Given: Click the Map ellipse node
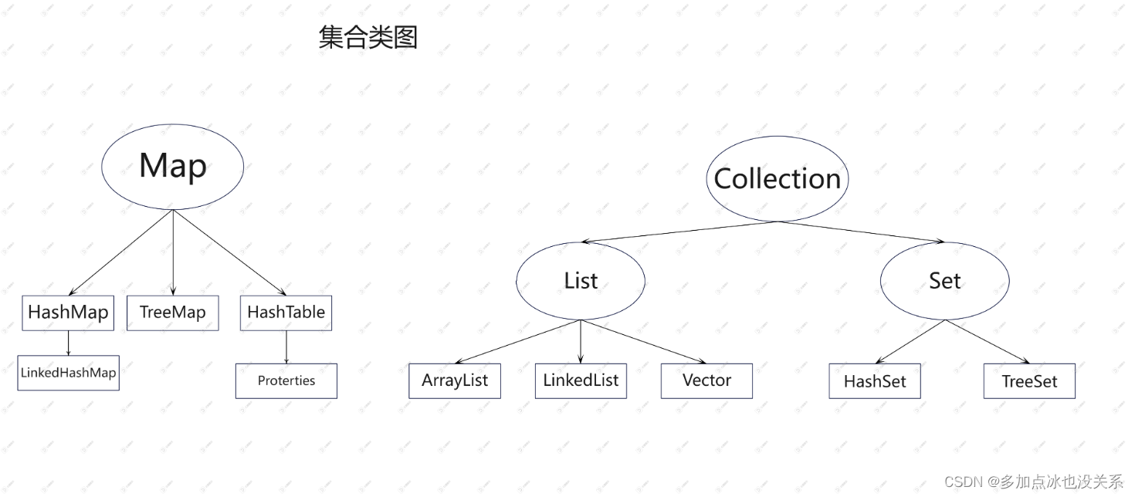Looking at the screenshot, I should pos(173,166).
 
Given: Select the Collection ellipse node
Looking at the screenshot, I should pos(778,179).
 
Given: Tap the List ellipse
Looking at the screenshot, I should pos(581,281).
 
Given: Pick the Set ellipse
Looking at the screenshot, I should pos(944,281).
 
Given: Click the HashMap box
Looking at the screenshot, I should pos(68,313).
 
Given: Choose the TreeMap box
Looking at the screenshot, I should pos(173,313).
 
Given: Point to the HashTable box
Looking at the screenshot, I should pos(286,313).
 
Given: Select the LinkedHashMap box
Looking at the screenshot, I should pos(68,373).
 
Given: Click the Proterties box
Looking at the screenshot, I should pos(286,380).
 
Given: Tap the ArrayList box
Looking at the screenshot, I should pos(455,380).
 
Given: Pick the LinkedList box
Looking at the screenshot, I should pos(581,380).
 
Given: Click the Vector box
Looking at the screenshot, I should pos(706,380).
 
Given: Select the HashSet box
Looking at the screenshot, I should pos(875,381).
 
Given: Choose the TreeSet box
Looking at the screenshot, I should pos(1029,381).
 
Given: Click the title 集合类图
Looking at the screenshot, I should pos(368,37).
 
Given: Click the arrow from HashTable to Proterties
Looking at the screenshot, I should pos(286,347).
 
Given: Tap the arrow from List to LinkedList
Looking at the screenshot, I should pos(581,340).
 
